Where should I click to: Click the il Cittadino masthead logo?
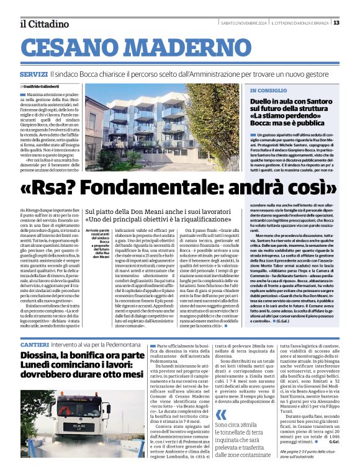[43, 24]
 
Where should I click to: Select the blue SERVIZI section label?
[33, 74]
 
